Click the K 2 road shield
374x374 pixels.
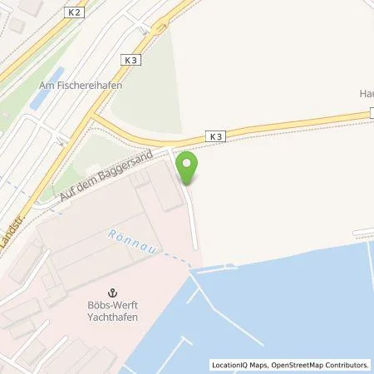(x=76, y=13)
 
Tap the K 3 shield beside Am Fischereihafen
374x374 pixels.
(x=131, y=60)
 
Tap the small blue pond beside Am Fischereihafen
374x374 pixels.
(x=37, y=99)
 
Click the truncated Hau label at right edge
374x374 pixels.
(x=366, y=95)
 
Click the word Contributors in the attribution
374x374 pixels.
(x=345, y=365)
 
